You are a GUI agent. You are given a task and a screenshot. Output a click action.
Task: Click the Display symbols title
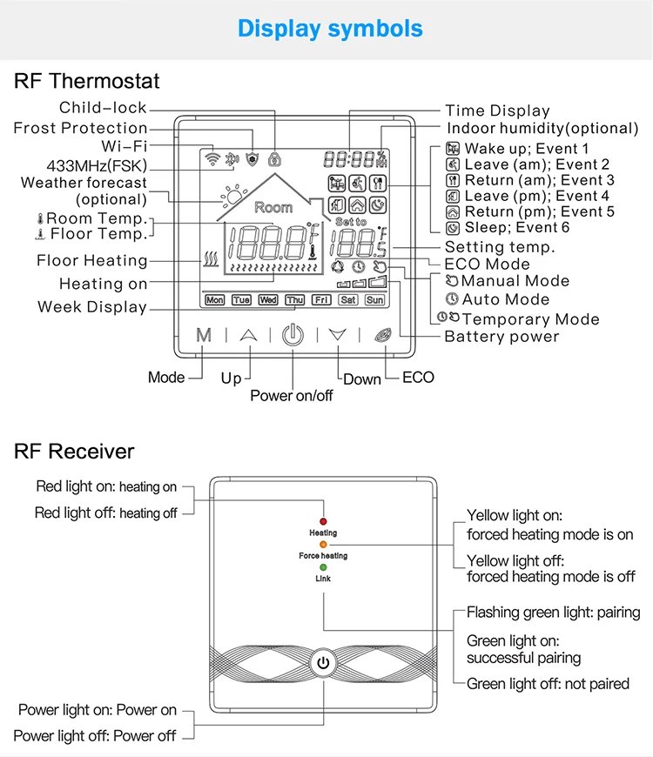tap(330, 28)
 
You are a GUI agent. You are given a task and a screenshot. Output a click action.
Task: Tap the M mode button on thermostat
tap(204, 336)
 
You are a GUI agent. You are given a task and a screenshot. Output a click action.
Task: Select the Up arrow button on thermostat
tap(249, 336)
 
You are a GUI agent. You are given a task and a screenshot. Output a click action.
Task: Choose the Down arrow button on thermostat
tap(338, 336)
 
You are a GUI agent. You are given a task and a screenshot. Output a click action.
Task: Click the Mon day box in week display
tap(214, 300)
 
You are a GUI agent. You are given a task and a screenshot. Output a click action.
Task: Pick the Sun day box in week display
tap(374, 300)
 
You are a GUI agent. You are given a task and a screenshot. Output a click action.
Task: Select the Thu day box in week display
tap(295, 300)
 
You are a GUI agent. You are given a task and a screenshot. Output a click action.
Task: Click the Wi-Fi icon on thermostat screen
tap(211, 158)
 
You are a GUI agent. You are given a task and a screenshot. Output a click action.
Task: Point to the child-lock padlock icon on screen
tap(275, 159)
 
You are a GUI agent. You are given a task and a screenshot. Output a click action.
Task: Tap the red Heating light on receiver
tap(323, 520)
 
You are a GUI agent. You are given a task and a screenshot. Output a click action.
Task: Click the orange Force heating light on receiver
tap(323, 544)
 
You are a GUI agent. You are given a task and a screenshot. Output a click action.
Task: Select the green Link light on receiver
tap(323, 566)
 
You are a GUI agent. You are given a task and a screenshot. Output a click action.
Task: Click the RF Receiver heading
tap(74, 451)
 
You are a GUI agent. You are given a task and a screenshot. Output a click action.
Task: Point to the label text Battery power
tap(502, 337)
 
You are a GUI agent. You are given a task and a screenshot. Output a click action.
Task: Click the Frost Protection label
tap(80, 128)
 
